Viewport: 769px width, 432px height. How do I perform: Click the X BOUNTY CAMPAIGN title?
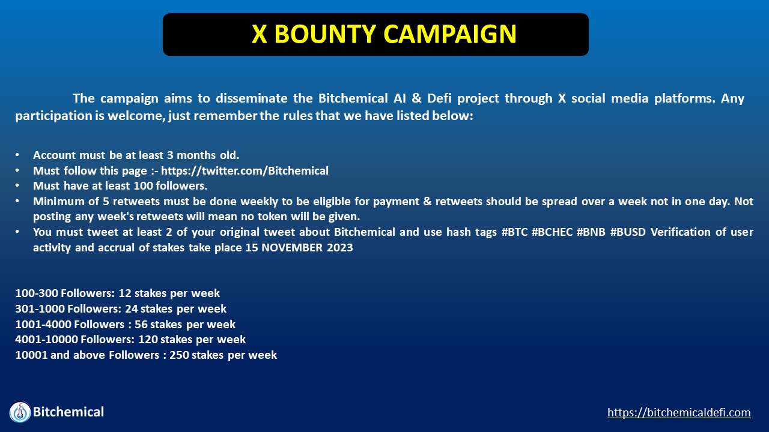[384, 34]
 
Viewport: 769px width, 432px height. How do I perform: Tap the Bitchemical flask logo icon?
[20, 412]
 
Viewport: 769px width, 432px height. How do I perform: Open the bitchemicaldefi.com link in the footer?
[679, 412]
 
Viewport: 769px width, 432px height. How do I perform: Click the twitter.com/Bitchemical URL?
[245, 170]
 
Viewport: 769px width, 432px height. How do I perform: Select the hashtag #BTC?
[514, 232]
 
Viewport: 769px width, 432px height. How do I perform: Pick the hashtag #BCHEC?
[552, 232]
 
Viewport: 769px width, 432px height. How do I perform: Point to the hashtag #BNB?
[591, 232]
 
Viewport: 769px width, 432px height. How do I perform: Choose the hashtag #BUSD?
[628, 232]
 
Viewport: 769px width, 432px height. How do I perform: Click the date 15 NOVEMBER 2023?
[299, 248]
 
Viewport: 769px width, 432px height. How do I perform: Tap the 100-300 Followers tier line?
[117, 293]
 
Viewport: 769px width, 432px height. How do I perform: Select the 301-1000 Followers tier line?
[121, 308]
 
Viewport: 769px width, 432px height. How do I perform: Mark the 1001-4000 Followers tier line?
[126, 324]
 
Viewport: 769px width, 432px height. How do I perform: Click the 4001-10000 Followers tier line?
[130, 340]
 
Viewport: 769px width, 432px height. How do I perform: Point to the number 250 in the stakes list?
[179, 355]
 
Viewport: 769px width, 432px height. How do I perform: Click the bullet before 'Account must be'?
[17, 155]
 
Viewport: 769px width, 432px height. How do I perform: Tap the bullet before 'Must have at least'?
[17, 185]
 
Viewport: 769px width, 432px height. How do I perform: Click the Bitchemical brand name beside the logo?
[68, 412]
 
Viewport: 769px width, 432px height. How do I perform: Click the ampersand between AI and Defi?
[416, 98]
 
